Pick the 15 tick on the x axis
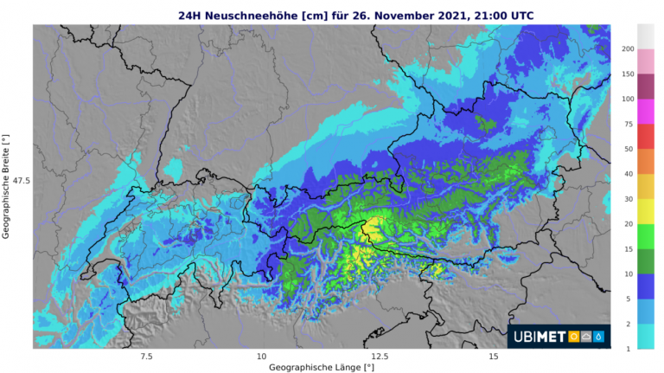click(x=493, y=357)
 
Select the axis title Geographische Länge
click(x=321, y=368)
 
